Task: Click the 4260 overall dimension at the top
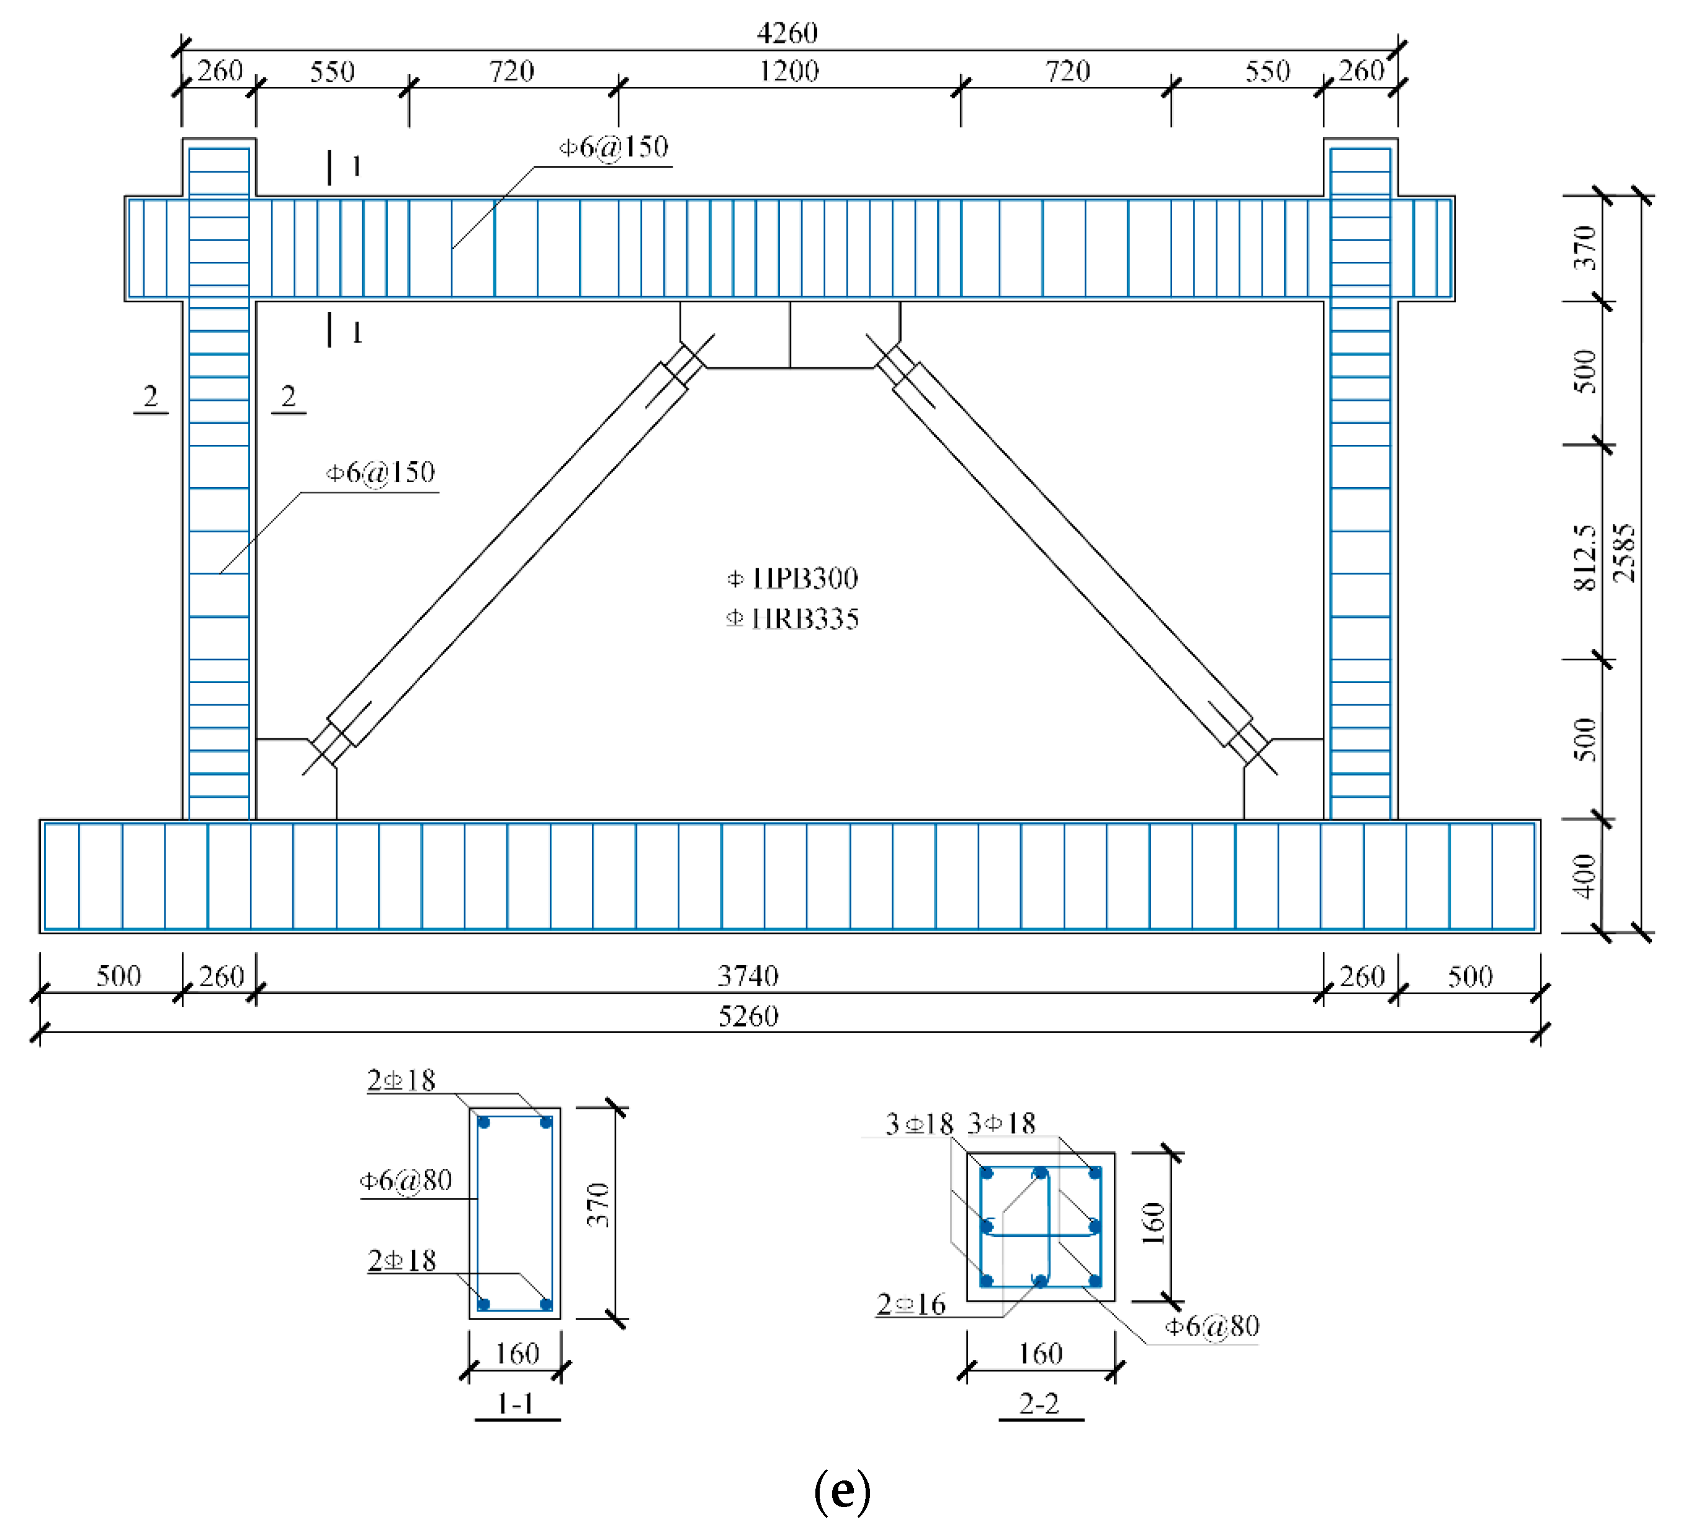tap(787, 34)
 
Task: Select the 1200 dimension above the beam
tap(789, 71)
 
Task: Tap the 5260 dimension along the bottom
tap(748, 1016)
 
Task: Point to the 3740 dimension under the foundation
tap(748, 975)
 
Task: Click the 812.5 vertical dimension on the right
tap(1584, 557)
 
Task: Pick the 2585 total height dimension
tap(1623, 553)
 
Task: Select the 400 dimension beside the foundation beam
tap(1585, 875)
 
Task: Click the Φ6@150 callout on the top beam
tap(614, 148)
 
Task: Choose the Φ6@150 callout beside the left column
tap(380, 473)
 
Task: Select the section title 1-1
tap(516, 1404)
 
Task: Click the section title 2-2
tap(1040, 1404)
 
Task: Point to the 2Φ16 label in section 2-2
tap(912, 1304)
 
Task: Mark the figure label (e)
tap(842, 1491)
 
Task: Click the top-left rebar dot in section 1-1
tap(483, 1122)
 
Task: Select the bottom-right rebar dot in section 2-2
tap(1095, 1281)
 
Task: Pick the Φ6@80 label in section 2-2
tap(1211, 1326)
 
